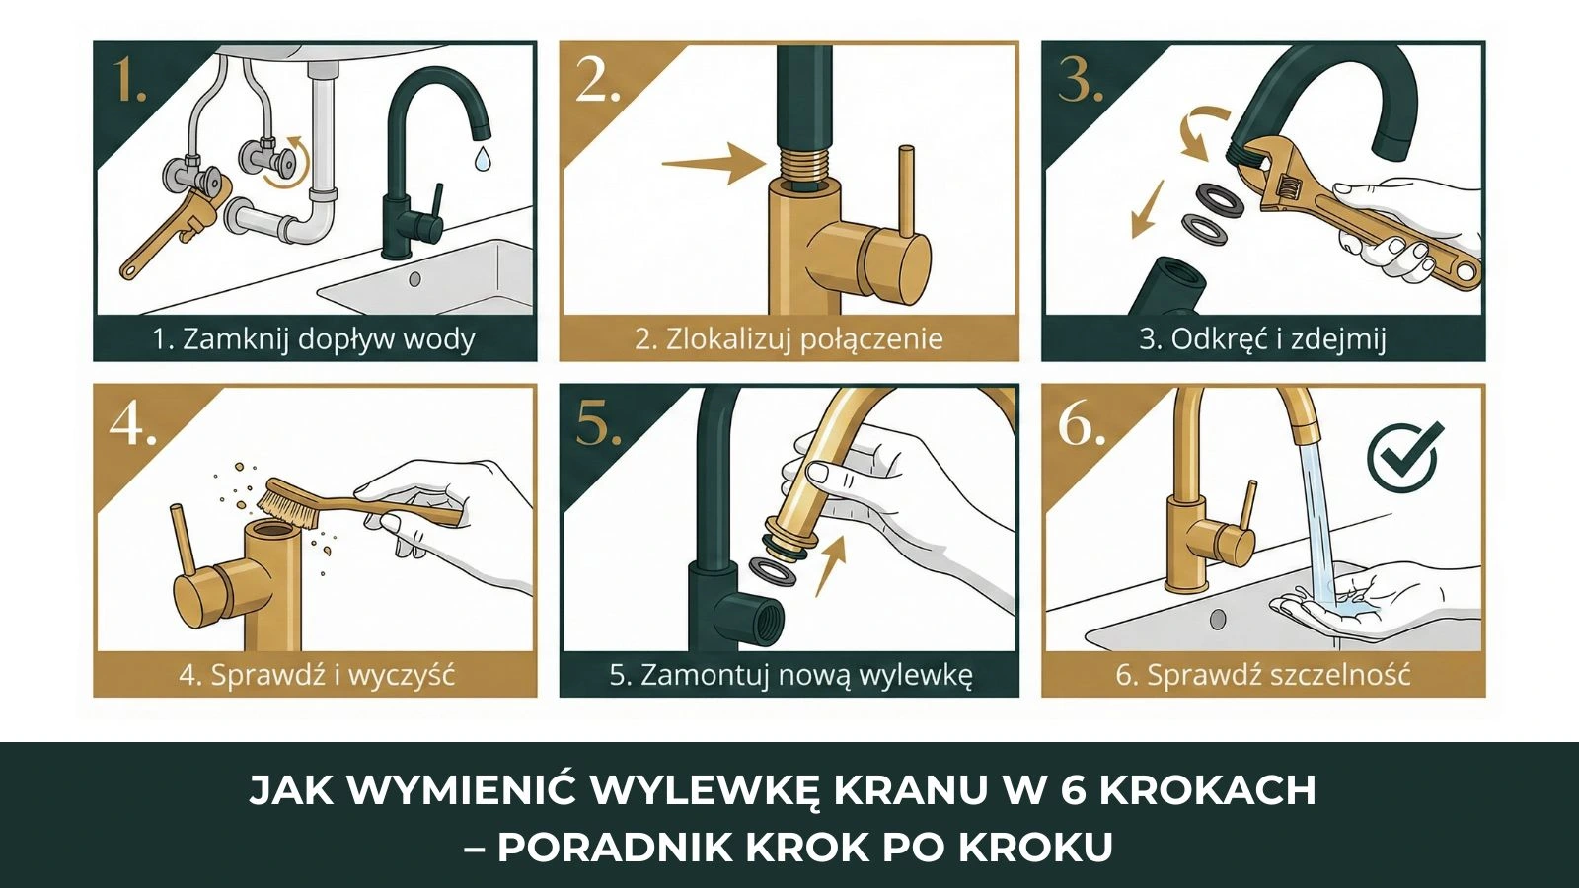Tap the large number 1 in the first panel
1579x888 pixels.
point(129,80)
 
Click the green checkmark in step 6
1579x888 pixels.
point(1404,455)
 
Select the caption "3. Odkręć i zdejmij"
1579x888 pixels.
point(1262,339)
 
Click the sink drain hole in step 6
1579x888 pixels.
point(1218,619)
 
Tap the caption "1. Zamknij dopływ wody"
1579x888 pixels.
point(314,339)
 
